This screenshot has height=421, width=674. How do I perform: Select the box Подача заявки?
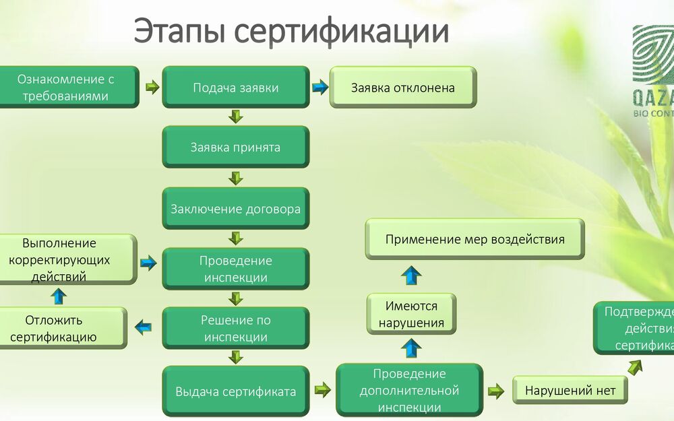pyautogui.click(x=235, y=88)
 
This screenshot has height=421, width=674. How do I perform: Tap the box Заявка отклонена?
pyautogui.click(x=402, y=88)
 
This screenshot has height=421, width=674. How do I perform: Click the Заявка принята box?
pyautogui.click(x=235, y=147)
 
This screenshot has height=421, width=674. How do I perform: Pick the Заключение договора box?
pyautogui.click(x=235, y=209)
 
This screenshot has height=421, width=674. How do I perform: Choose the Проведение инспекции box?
pyautogui.click(x=235, y=269)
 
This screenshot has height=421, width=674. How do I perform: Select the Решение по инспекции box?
pyautogui.click(x=235, y=329)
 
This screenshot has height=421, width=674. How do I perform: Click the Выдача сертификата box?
pyautogui.click(x=235, y=391)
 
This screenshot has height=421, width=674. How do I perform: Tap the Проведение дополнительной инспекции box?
pyautogui.click(x=409, y=391)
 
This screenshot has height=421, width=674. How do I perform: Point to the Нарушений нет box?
pyautogui.click(x=570, y=391)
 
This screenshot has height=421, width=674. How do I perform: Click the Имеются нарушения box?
pyautogui.click(x=411, y=315)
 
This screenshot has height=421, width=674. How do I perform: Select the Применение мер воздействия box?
pyautogui.click(x=474, y=239)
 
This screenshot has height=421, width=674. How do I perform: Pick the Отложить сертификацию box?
pyautogui.click(x=62, y=328)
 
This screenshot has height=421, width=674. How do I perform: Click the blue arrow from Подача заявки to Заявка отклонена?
pyautogui.click(x=319, y=88)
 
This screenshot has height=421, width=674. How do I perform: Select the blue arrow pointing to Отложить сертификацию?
pyautogui.click(x=144, y=328)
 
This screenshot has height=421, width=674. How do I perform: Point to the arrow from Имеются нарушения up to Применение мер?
pyautogui.click(x=411, y=275)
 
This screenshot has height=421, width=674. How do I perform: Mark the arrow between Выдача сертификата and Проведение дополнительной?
pyautogui.click(x=323, y=389)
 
